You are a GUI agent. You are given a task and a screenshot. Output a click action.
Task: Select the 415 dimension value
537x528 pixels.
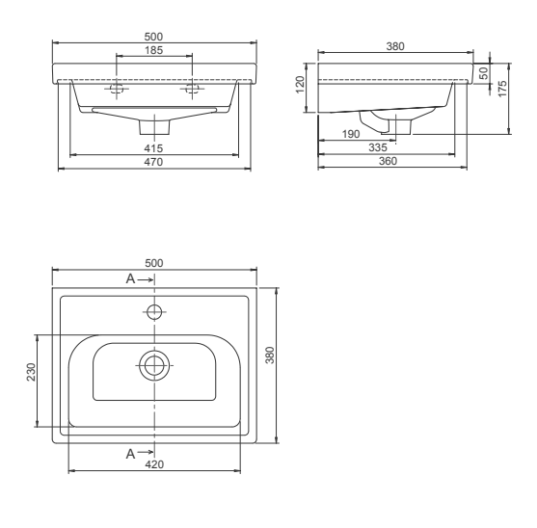click(154, 148)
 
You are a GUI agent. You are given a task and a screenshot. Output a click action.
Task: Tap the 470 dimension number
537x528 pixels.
click(154, 163)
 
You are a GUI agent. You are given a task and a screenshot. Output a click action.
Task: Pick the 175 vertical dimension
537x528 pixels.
click(502, 89)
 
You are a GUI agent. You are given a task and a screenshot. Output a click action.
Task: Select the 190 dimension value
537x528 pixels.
click(352, 134)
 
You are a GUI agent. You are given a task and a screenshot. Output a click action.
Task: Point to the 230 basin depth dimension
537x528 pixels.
click(32, 371)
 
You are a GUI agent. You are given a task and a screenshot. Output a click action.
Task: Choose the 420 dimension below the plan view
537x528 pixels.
click(154, 464)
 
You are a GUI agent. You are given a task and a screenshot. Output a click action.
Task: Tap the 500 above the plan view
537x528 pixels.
click(154, 263)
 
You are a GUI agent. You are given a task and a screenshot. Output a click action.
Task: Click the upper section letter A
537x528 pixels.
click(132, 278)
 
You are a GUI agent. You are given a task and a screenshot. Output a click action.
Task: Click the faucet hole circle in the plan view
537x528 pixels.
click(153, 311)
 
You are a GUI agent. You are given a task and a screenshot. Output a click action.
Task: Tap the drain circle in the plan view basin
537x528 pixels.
click(153, 364)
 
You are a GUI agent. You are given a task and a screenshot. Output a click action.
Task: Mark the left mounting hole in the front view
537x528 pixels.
click(118, 89)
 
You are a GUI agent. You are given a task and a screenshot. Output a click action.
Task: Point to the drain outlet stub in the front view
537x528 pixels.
click(153, 125)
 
